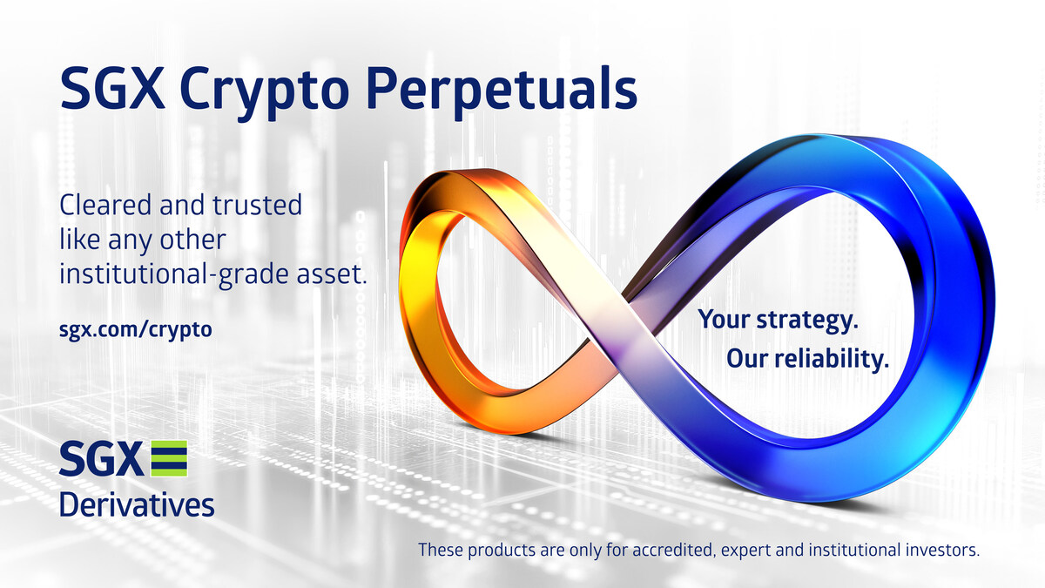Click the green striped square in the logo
[x=169, y=459]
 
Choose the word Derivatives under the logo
[x=137, y=504]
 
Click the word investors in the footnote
[x=947, y=551]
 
